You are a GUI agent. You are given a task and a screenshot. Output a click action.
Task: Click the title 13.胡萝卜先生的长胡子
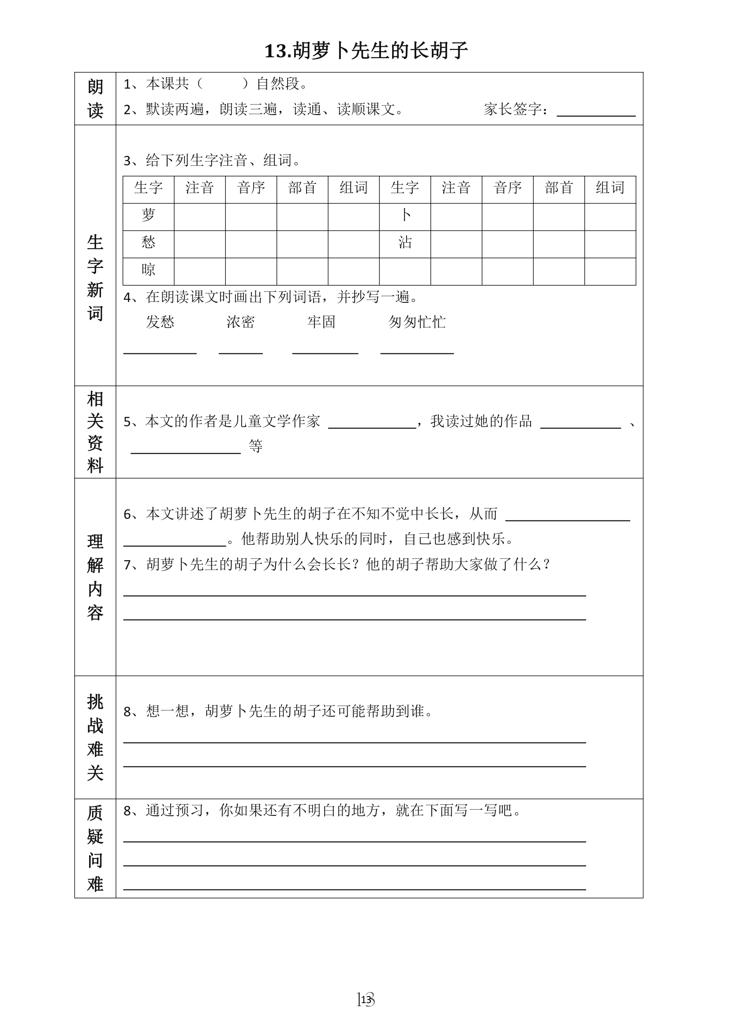(x=366, y=51)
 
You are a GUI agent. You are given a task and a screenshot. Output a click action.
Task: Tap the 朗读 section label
(x=95, y=98)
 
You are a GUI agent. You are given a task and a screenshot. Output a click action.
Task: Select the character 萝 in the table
(x=148, y=216)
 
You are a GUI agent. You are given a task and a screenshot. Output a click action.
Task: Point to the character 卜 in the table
(x=405, y=216)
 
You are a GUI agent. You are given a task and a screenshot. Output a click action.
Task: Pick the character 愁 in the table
(x=148, y=243)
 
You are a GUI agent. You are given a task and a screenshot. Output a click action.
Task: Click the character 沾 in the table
(x=405, y=243)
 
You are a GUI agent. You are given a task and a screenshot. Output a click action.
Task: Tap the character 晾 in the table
(x=148, y=270)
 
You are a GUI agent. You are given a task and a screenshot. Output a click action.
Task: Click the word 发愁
(x=160, y=322)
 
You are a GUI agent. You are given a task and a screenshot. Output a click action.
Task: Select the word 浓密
(x=241, y=322)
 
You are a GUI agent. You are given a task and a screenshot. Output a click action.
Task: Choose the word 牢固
(x=322, y=322)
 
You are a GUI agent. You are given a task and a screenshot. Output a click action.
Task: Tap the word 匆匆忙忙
(x=417, y=322)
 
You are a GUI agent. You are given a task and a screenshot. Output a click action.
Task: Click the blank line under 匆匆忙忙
(x=417, y=351)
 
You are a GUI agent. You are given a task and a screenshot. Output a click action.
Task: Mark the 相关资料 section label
(x=95, y=432)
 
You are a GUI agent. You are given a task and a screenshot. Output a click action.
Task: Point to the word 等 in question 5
(x=255, y=446)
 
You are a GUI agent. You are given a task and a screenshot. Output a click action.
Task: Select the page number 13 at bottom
(x=366, y=1000)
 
